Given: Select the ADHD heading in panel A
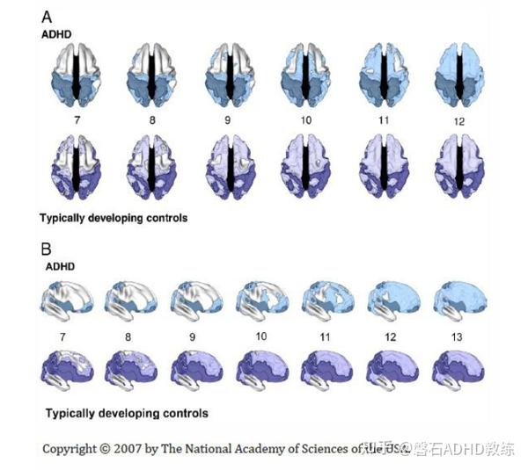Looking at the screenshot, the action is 56,34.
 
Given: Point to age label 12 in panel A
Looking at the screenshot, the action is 460,119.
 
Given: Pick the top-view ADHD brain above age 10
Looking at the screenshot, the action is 304,74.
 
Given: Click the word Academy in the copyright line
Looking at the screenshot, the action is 267,448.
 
